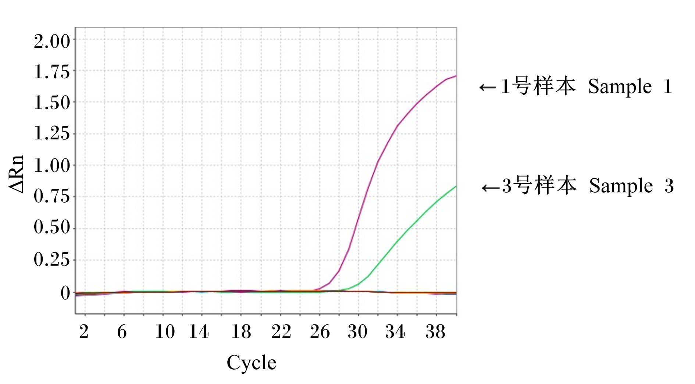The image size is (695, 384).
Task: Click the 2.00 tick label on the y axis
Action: point(52,41)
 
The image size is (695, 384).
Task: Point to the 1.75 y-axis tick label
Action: point(52,72)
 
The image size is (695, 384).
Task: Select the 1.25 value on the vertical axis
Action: point(52,133)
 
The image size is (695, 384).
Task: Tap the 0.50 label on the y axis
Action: point(52,227)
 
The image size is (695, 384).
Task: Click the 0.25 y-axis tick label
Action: point(52,259)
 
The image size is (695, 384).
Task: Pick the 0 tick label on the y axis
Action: point(65,294)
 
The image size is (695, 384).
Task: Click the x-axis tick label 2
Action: point(84,332)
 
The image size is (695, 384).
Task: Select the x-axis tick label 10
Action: point(165,332)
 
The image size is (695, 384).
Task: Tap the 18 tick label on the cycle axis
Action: point(241,332)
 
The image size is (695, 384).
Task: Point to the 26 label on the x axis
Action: point(320,332)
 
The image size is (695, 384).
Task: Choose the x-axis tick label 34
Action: point(395,332)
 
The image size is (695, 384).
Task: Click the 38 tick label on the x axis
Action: point(435,332)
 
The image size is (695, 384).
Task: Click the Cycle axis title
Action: point(252,363)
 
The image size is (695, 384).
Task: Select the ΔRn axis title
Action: point(17,174)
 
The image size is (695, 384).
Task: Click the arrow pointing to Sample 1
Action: point(488,88)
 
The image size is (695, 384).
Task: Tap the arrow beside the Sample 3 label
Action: point(491,188)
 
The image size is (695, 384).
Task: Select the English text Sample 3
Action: point(631,186)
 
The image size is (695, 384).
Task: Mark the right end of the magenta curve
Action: point(456,76)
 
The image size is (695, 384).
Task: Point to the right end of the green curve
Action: point(456,186)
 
